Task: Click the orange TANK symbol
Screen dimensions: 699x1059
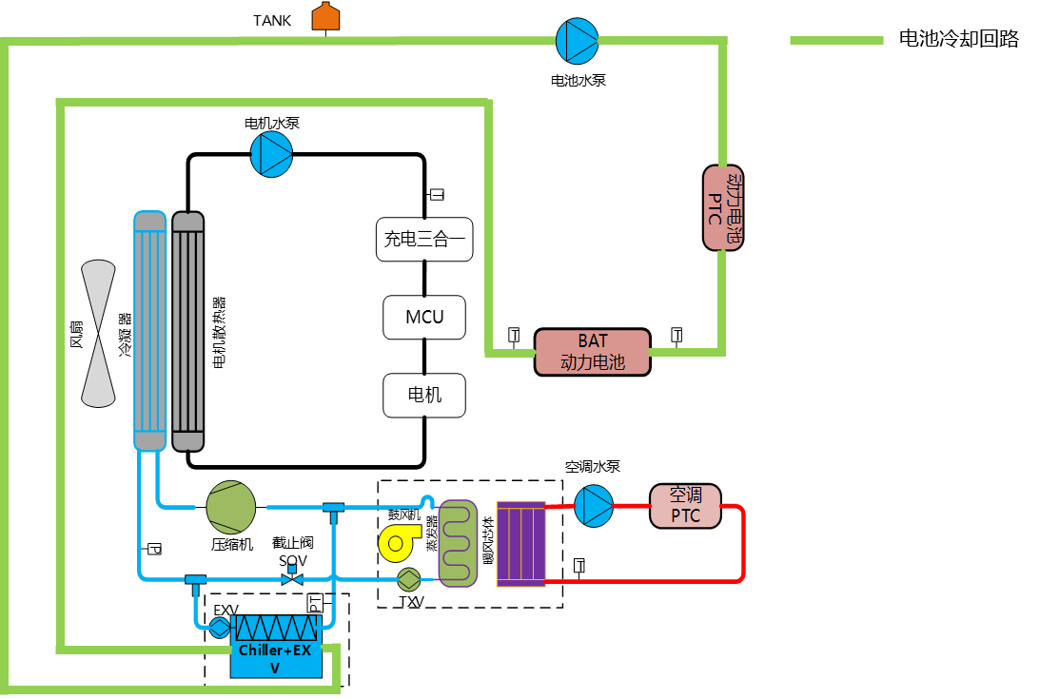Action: point(325,17)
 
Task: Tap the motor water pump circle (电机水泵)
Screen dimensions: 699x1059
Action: point(271,154)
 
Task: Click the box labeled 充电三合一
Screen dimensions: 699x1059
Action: point(424,239)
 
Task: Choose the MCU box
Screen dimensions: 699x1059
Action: point(424,317)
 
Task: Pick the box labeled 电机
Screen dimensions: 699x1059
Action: point(424,395)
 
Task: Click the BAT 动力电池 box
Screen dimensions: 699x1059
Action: point(592,352)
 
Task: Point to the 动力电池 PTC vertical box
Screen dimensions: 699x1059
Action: point(723,207)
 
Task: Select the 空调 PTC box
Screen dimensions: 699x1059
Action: point(685,506)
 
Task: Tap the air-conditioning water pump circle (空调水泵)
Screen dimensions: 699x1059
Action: point(595,505)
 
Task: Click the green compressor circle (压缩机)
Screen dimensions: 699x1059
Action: point(231,507)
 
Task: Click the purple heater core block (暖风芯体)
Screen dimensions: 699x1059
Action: point(520,543)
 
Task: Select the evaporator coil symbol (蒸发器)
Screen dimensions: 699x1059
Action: point(457,543)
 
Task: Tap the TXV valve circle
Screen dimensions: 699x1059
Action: point(409,579)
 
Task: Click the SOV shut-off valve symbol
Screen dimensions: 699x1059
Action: point(293,577)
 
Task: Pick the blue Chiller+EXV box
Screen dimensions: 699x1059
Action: point(276,656)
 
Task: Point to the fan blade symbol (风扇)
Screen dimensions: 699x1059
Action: point(99,331)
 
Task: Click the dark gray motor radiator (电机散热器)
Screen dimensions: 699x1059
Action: point(187,331)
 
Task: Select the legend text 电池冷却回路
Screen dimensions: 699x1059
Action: point(958,39)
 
